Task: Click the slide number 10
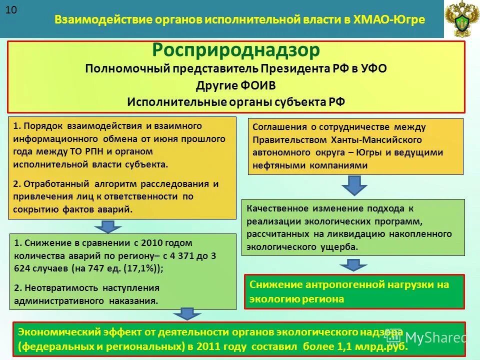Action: (11, 11)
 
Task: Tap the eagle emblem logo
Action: (460, 19)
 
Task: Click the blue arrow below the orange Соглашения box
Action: (355, 186)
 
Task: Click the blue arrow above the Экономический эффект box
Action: (187, 314)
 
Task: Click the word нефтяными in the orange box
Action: (277, 165)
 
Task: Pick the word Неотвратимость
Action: (62, 288)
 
